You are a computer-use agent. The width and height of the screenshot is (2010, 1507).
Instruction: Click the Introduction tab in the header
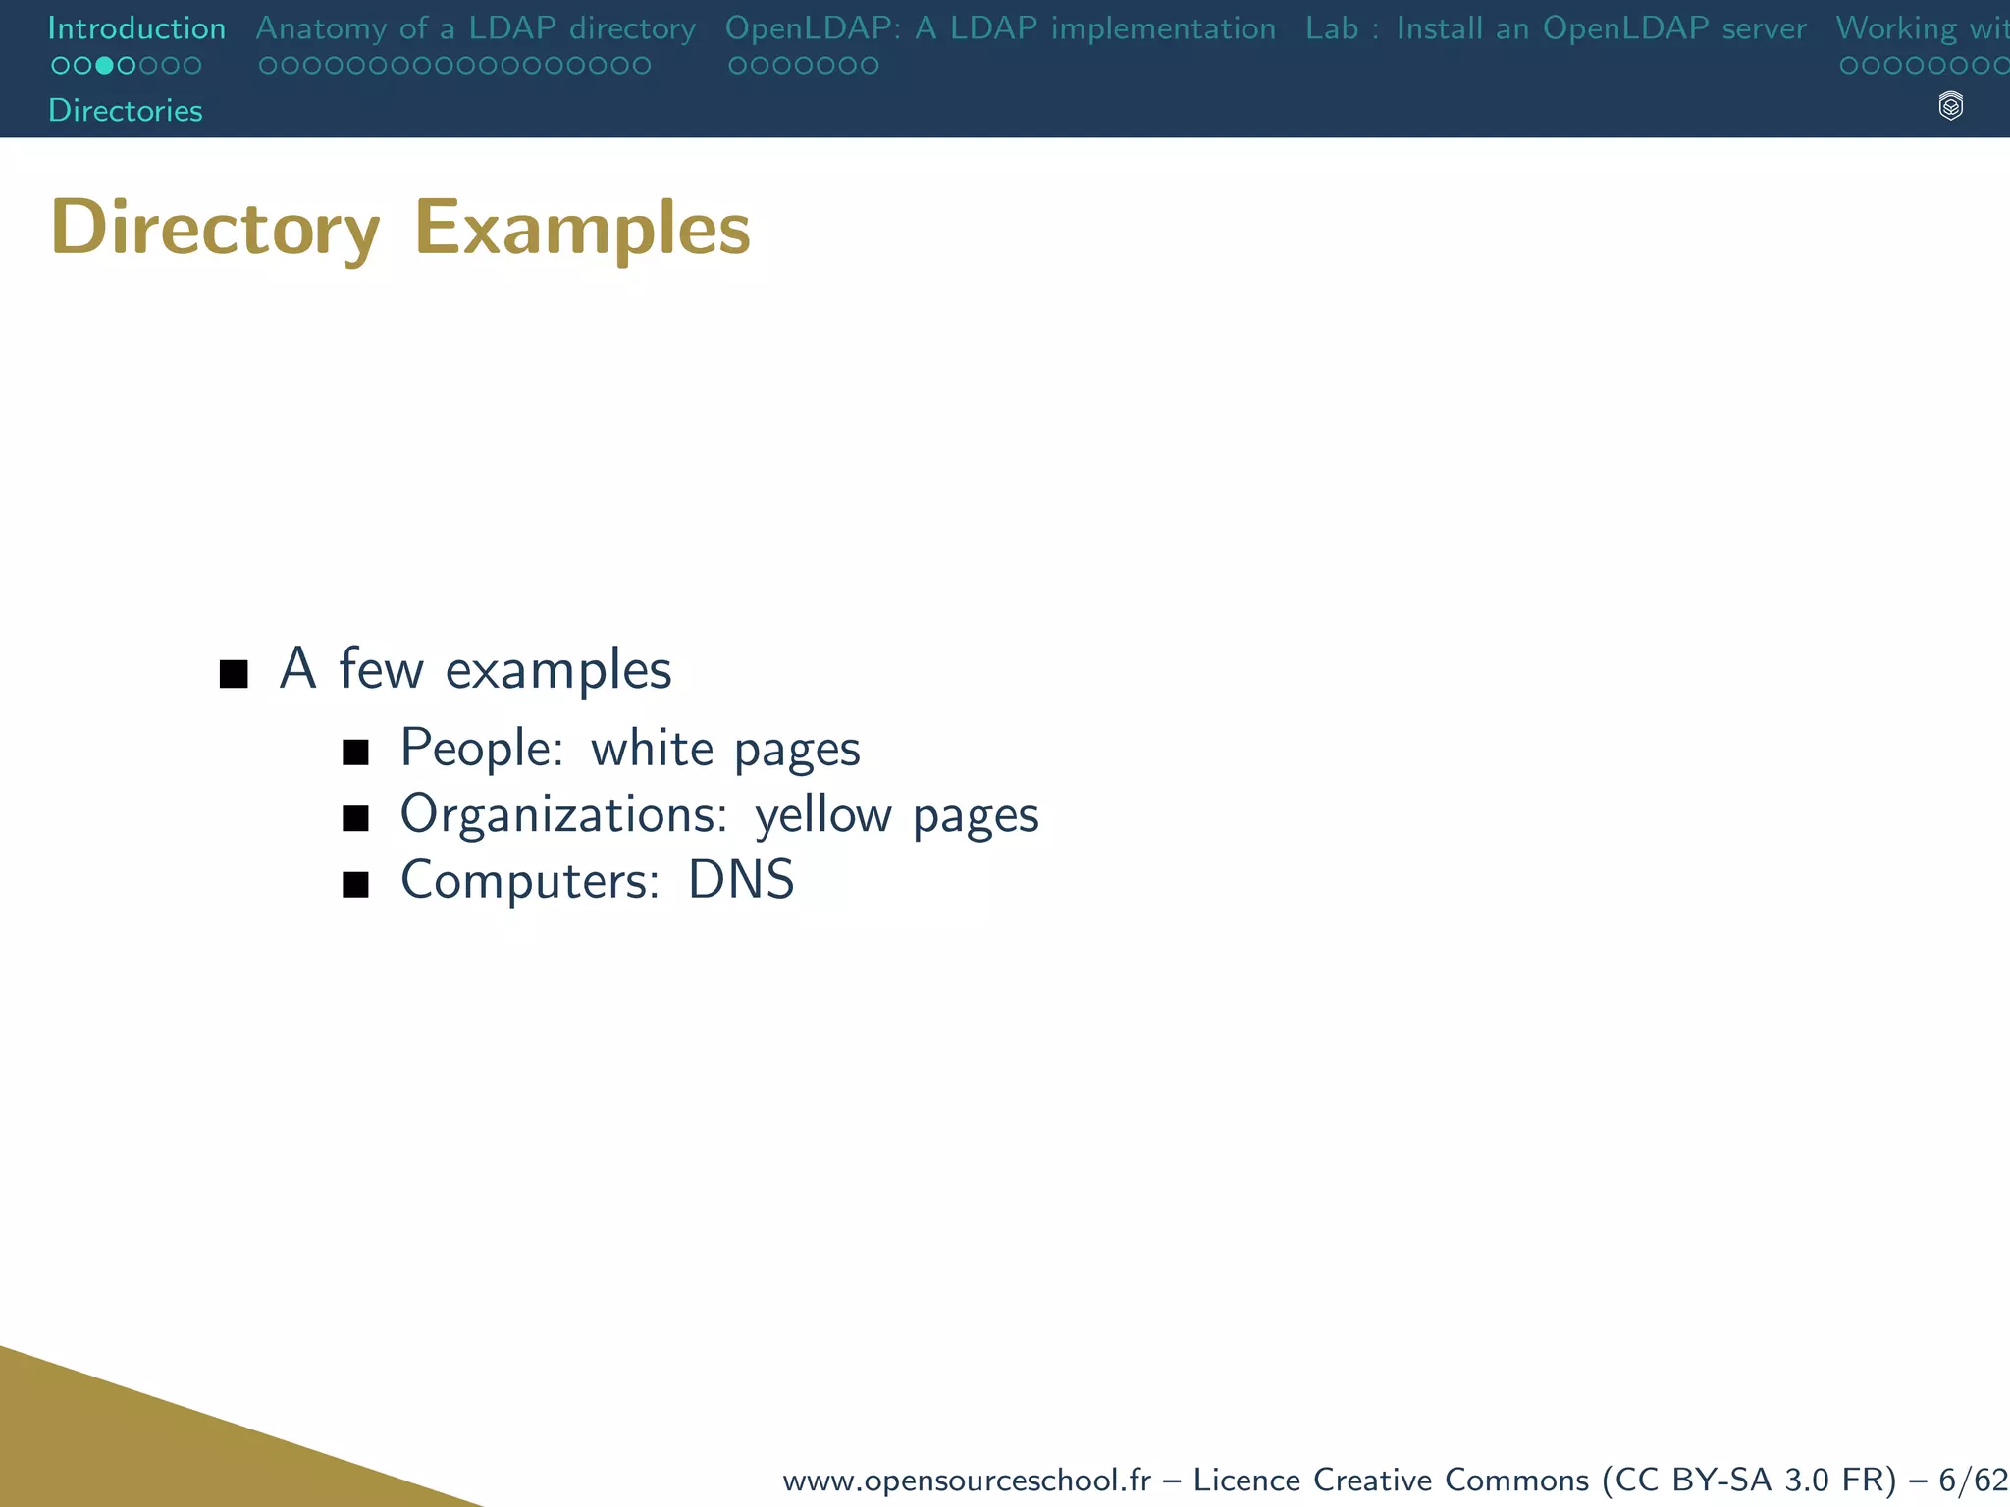point(136,28)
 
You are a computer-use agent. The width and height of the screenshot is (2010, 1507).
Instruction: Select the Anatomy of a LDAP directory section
point(475,28)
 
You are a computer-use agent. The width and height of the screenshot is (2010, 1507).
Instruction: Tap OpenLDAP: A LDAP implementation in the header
point(1000,28)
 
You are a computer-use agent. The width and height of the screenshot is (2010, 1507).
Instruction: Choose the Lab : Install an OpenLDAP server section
point(1556,28)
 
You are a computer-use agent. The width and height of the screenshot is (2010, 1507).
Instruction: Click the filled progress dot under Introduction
point(104,66)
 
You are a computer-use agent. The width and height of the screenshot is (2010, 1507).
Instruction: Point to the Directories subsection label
point(126,110)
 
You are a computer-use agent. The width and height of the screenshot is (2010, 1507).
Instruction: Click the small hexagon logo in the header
point(1951,106)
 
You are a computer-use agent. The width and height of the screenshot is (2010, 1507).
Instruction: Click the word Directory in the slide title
point(215,228)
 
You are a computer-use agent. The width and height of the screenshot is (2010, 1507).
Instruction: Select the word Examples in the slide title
point(582,228)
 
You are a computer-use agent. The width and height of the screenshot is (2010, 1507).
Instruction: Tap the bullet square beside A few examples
point(234,674)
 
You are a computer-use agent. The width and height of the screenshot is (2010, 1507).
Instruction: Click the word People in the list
point(482,748)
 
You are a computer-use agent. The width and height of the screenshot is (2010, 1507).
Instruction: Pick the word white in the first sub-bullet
point(652,748)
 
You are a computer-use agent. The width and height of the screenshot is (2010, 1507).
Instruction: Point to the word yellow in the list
point(822,814)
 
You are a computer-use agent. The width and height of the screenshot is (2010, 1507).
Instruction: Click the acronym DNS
point(741,880)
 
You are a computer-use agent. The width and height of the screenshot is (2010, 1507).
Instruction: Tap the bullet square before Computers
point(355,885)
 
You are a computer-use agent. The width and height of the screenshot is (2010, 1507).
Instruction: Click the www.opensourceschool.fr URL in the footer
point(966,1480)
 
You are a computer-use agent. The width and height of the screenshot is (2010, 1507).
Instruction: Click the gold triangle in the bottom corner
point(147,1442)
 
